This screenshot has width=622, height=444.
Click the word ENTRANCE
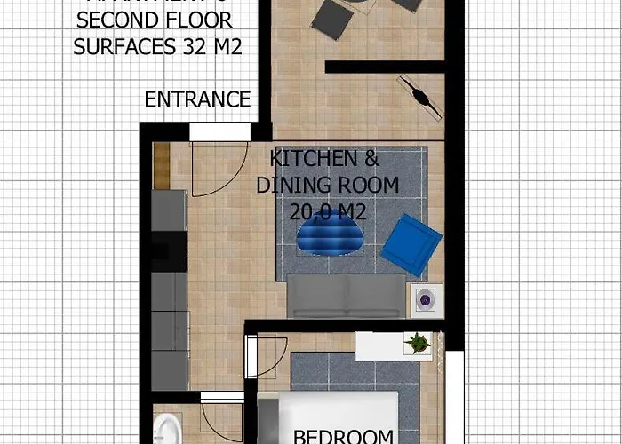tap(197, 99)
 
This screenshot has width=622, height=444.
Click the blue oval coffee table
tap(329, 235)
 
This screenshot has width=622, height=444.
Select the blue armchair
tap(412, 242)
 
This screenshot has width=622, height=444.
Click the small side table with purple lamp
tap(425, 301)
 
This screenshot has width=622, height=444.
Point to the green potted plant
tap(416, 342)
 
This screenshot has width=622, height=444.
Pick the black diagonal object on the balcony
tap(420, 95)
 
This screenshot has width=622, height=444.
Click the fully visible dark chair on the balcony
tap(331, 19)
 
